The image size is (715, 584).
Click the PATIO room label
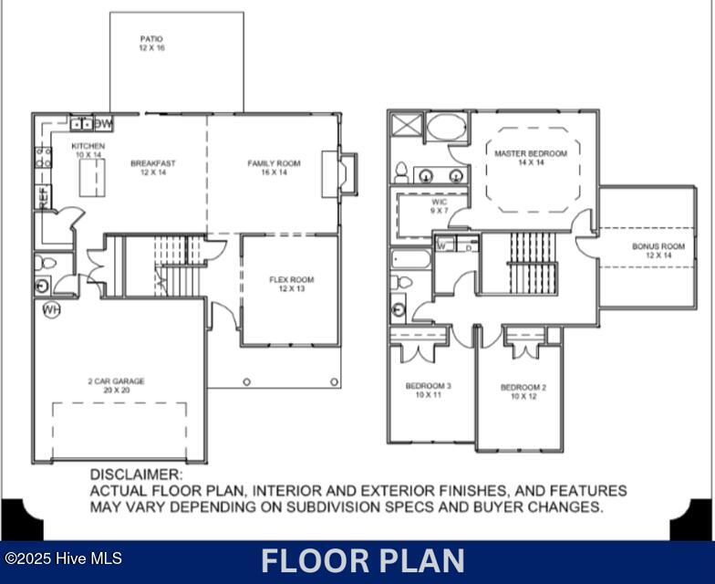click(151, 44)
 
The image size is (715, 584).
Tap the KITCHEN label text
click(88, 151)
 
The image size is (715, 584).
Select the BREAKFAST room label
click(153, 168)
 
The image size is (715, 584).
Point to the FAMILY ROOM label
click(274, 168)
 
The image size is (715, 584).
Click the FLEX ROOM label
click(291, 285)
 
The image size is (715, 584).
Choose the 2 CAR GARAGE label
click(116, 386)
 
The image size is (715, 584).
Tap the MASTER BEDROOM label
click(531, 158)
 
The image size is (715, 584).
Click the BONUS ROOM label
click(658, 251)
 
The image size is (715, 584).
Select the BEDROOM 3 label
click(429, 391)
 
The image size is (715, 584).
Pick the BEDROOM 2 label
click(523, 392)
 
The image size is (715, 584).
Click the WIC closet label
click(440, 206)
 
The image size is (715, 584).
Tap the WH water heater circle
click(51, 310)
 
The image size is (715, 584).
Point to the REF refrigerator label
click(42, 196)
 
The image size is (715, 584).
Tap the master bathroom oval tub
click(446, 126)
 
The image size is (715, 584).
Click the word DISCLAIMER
click(136, 474)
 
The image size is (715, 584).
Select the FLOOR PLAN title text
click(362, 560)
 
